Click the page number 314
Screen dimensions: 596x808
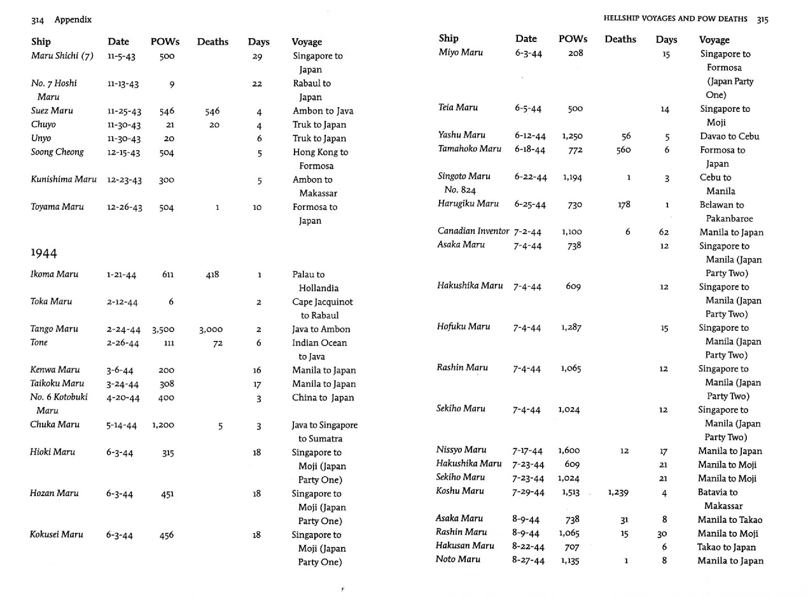coord(37,20)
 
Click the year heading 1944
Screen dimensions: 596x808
coord(44,253)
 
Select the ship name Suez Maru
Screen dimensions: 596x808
coord(52,111)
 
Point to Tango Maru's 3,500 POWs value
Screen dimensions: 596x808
coord(163,329)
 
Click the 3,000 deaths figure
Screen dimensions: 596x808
coord(211,329)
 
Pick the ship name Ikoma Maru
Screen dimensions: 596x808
coord(55,274)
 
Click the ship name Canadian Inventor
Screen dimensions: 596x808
coord(473,232)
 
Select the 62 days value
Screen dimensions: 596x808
coord(664,232)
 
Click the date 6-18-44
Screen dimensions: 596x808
coord(530,149)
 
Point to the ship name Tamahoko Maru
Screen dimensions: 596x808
coord(470,149)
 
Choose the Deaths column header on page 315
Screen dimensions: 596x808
coord(620,39)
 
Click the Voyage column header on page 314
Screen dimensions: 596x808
coord(307,42)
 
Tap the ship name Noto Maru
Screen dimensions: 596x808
coord(458,560)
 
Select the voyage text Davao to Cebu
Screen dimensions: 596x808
coord(730,136)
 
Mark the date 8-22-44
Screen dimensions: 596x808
coord(528,546)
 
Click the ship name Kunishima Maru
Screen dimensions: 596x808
coord(64,179)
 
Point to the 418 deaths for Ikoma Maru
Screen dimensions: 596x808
coord(212,275)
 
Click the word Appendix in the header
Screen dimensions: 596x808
coord(73,20)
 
